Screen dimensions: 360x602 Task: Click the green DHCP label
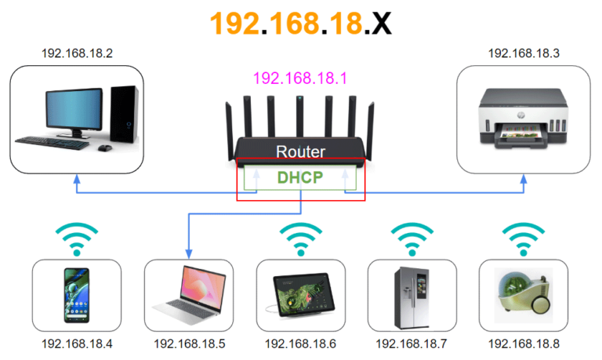point(300,177)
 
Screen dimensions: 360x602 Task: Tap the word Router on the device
point(301,151)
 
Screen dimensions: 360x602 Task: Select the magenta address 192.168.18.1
point(301,78)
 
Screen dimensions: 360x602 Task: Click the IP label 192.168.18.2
point(77,53)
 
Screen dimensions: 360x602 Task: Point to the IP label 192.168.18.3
point(524,53)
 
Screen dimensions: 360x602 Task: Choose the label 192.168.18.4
point(77,344)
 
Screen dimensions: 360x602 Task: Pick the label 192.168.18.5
point(189,344)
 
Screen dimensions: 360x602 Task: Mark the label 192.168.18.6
point(301,344)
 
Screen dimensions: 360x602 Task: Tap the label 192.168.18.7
point(412,344)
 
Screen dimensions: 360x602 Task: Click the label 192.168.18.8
point(524,344)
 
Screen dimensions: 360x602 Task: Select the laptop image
point(189,292)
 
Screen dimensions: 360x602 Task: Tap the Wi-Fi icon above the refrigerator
point(412,239)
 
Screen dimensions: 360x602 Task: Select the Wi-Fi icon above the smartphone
point(77,239)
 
